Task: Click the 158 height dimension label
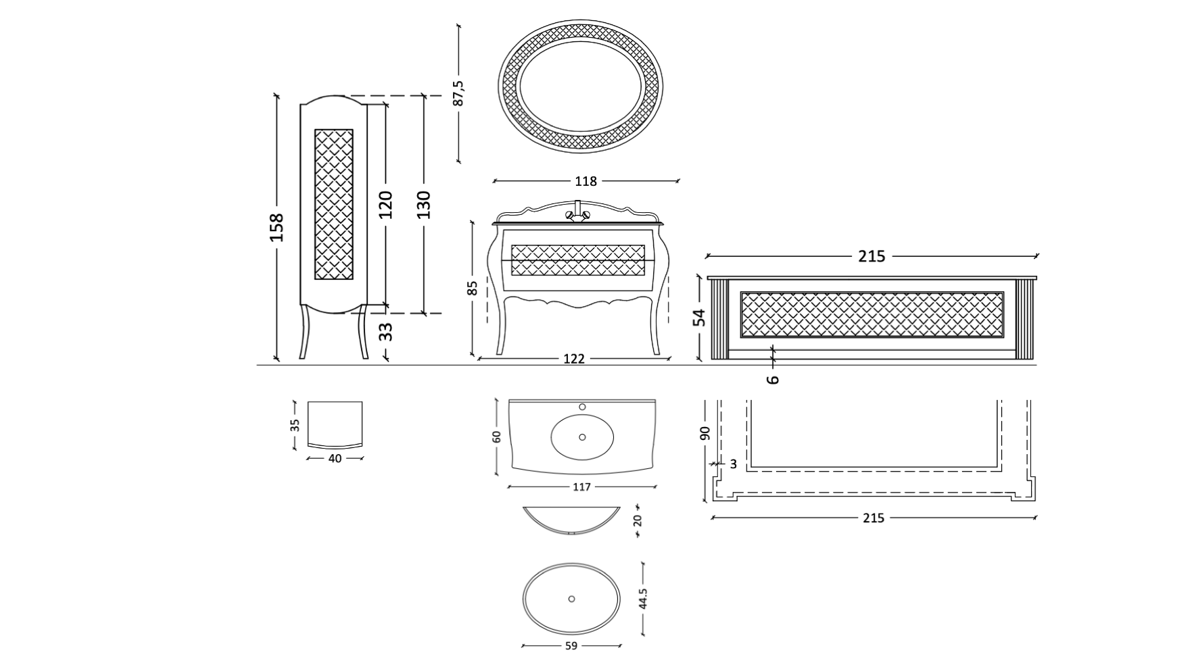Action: pos(276,228)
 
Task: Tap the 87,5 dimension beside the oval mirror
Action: pos(458,93)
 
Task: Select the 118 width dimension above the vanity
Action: pos(586,181)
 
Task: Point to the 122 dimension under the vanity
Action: pos(573,359)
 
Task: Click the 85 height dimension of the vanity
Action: pos(473,288)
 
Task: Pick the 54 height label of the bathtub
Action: pos(700,317)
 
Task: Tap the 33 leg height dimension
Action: pos(385,331)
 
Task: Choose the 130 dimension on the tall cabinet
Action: pos(423,205)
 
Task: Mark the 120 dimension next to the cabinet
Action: pos(385,205)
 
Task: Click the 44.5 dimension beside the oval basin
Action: pos(642,599)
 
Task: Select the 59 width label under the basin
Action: pos(571,646)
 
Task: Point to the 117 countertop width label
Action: pos(581,487)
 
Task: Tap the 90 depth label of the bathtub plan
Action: pos(705,432)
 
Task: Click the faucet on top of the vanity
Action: pos(577,212)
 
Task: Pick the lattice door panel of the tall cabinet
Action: pos(334,204)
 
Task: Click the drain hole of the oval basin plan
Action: pos(571,599)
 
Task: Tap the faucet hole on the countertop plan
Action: pos(582,407)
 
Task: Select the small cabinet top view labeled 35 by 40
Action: pos(335,424)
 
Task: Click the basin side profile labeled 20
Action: pos(571,520)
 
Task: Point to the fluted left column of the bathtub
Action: pos(717,320)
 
